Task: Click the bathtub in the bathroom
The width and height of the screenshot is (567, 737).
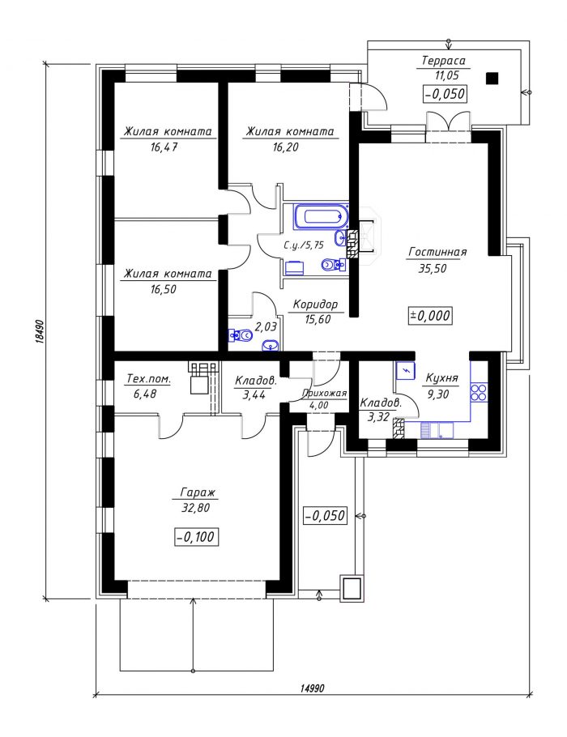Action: [321, 217]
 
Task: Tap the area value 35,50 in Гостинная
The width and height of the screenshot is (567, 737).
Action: [433, 268]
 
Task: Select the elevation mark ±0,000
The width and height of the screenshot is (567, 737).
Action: [430, 315]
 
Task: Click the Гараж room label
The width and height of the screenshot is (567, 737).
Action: [198, 492]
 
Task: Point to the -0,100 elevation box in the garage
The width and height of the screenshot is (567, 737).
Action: [197, 536]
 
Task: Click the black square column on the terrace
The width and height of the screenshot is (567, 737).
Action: [492, 78]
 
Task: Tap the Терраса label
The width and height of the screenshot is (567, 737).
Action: [443, 61]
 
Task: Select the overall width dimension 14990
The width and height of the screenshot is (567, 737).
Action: [312, 688]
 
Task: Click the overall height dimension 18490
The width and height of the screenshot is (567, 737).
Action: [40, 333]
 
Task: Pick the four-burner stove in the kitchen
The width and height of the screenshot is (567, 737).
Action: [479, 392]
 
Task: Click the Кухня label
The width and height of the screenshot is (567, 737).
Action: [441, 378]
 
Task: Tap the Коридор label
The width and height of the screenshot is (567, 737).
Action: [315, 305]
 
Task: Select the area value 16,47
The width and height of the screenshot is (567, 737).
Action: [164, 147]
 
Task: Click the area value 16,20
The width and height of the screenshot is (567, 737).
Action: [285, 147]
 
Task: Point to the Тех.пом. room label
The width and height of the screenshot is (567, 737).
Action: [148, 379]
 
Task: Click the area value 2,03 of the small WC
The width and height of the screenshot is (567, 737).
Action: [266, 326]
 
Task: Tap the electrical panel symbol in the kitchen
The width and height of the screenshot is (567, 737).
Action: [405, 370]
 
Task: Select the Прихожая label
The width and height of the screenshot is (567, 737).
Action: [324, 394]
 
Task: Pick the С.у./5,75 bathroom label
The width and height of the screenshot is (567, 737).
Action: [304, 245]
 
